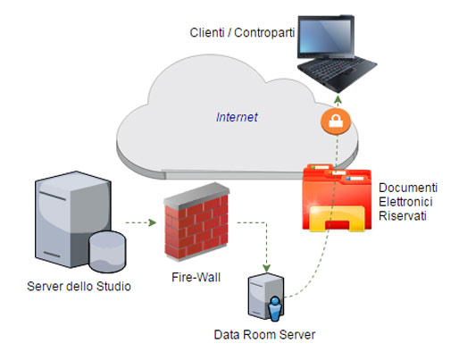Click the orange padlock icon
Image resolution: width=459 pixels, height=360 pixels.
tap(336, 121)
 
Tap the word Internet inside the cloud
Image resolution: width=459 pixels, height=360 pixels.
tap(237, 117)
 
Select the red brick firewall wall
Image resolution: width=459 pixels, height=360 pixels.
tap(196, 222)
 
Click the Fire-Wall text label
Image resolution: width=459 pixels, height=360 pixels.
tap(196, 278)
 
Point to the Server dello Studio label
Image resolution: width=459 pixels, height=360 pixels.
tap(79, 287)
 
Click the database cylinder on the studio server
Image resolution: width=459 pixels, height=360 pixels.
tap(107, 252)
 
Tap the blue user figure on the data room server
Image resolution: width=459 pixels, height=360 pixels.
tap(275, 309)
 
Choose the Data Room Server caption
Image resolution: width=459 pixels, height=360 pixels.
tap(264, 335)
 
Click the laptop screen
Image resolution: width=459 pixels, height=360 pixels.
tap(325, 37)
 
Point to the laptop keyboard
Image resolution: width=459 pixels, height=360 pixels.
tap(337, 72)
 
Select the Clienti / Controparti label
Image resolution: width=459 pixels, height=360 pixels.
tap(242, 32)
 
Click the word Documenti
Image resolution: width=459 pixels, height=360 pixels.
tap(408, 188)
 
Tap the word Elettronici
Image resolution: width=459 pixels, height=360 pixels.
tap(405, 202)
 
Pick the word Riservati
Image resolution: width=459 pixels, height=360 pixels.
tap(403, 216)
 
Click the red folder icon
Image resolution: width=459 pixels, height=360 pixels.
tap(337, 197)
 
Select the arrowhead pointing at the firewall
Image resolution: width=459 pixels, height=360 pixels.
tap(153, 222)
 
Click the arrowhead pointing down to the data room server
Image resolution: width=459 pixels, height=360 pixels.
tap(266, 268)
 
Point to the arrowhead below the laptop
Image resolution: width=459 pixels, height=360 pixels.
tap(338, 99)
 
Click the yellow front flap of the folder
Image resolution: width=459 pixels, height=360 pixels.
tap(337, 219)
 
